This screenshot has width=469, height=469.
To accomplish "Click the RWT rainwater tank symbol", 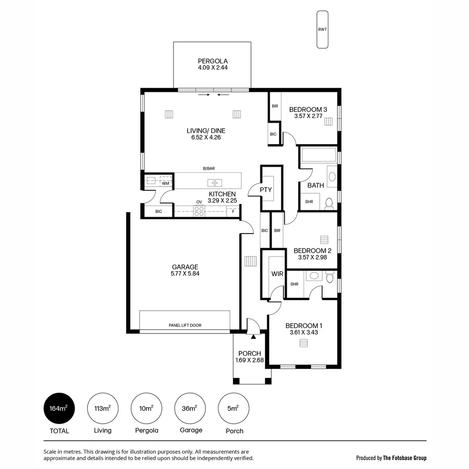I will click(322, 30).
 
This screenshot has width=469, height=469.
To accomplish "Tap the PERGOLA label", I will click(212, 61).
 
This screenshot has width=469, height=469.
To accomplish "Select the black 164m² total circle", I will click(59, 408).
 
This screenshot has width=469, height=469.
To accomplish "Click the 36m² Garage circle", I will click(190, 408).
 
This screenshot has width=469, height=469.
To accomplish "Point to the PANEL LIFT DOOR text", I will click(185, 325).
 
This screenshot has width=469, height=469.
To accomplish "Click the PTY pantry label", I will click(266, 190).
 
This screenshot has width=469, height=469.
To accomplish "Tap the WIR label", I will click(277, 274).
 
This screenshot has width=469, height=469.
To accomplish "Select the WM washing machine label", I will click(165, 184).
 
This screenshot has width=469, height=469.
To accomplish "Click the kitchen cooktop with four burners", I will click(199, 211).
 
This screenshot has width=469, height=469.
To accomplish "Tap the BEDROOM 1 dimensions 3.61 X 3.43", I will click(304, 333).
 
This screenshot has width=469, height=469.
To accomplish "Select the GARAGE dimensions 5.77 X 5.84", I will click(185, 274).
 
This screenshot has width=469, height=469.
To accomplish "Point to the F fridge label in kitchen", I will click(233, 211).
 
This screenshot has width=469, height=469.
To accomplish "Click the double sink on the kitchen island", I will click(215, 182).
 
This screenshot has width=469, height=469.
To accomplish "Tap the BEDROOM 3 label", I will click(308, 110).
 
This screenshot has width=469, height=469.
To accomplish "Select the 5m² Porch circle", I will click(234, 408).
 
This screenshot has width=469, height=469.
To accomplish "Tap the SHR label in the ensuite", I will click(294, 284).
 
